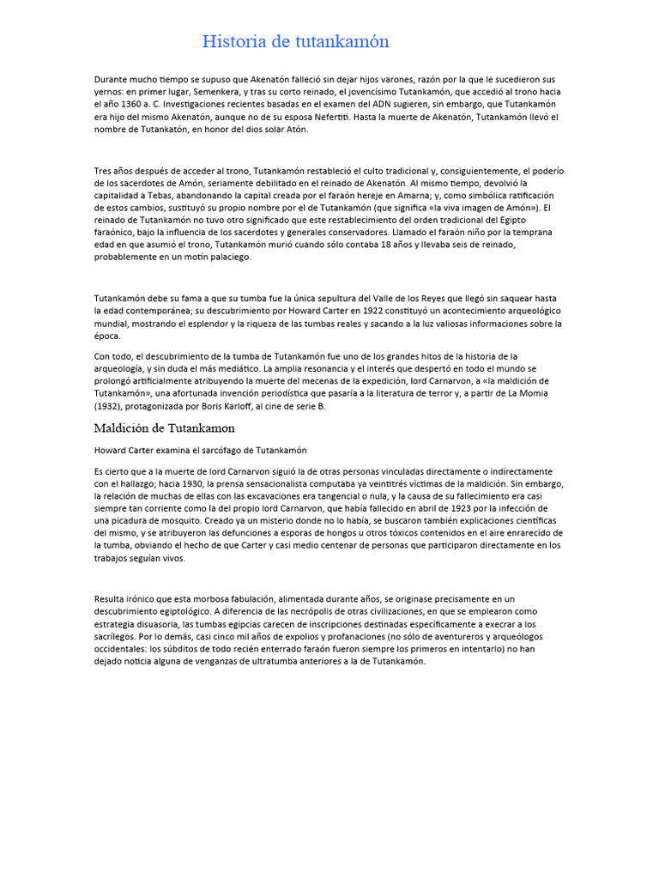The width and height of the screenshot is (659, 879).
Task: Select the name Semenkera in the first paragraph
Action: coord(220,92)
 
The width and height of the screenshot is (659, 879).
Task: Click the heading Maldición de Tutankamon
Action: coord(164,427)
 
